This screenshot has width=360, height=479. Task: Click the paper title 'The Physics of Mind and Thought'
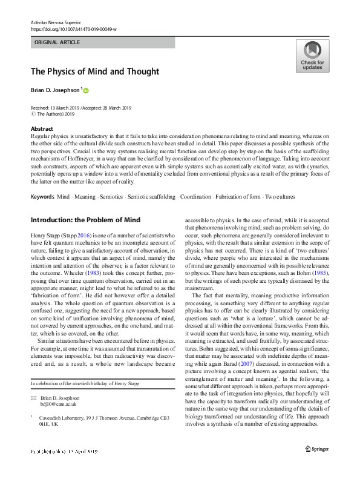[x=95, y=71]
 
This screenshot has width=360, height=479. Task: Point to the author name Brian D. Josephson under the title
[x=55, y=90]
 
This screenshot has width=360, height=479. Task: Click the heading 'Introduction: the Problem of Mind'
[x=85, y=219]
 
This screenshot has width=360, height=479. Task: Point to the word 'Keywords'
[x=42, y=197]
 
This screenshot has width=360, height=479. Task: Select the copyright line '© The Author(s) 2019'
[x=52, y=113]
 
